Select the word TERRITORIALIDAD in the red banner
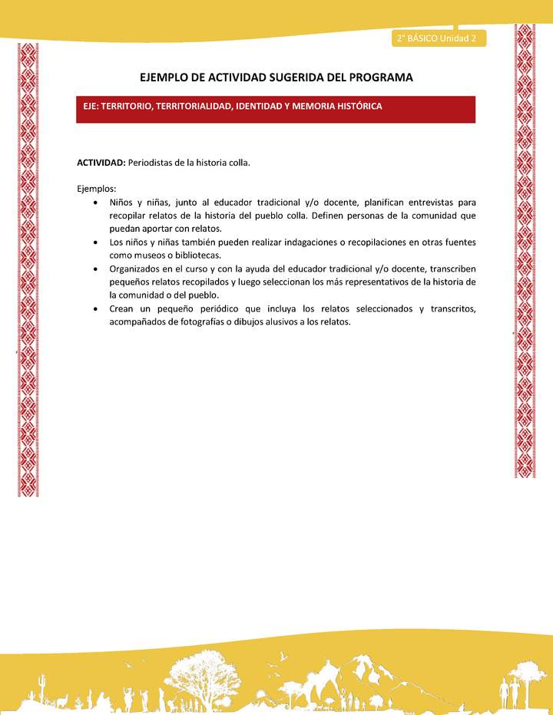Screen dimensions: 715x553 click(203, 107)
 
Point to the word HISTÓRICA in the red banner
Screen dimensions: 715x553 click(356, 107)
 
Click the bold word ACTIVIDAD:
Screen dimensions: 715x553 click(101, 163)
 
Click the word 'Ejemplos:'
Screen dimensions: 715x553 click(97, 189)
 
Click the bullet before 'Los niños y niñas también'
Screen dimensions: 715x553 click(94, 242)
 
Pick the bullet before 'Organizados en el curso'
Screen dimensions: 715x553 click(94, 269)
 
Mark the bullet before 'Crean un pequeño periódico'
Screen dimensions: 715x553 click(94, 309)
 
